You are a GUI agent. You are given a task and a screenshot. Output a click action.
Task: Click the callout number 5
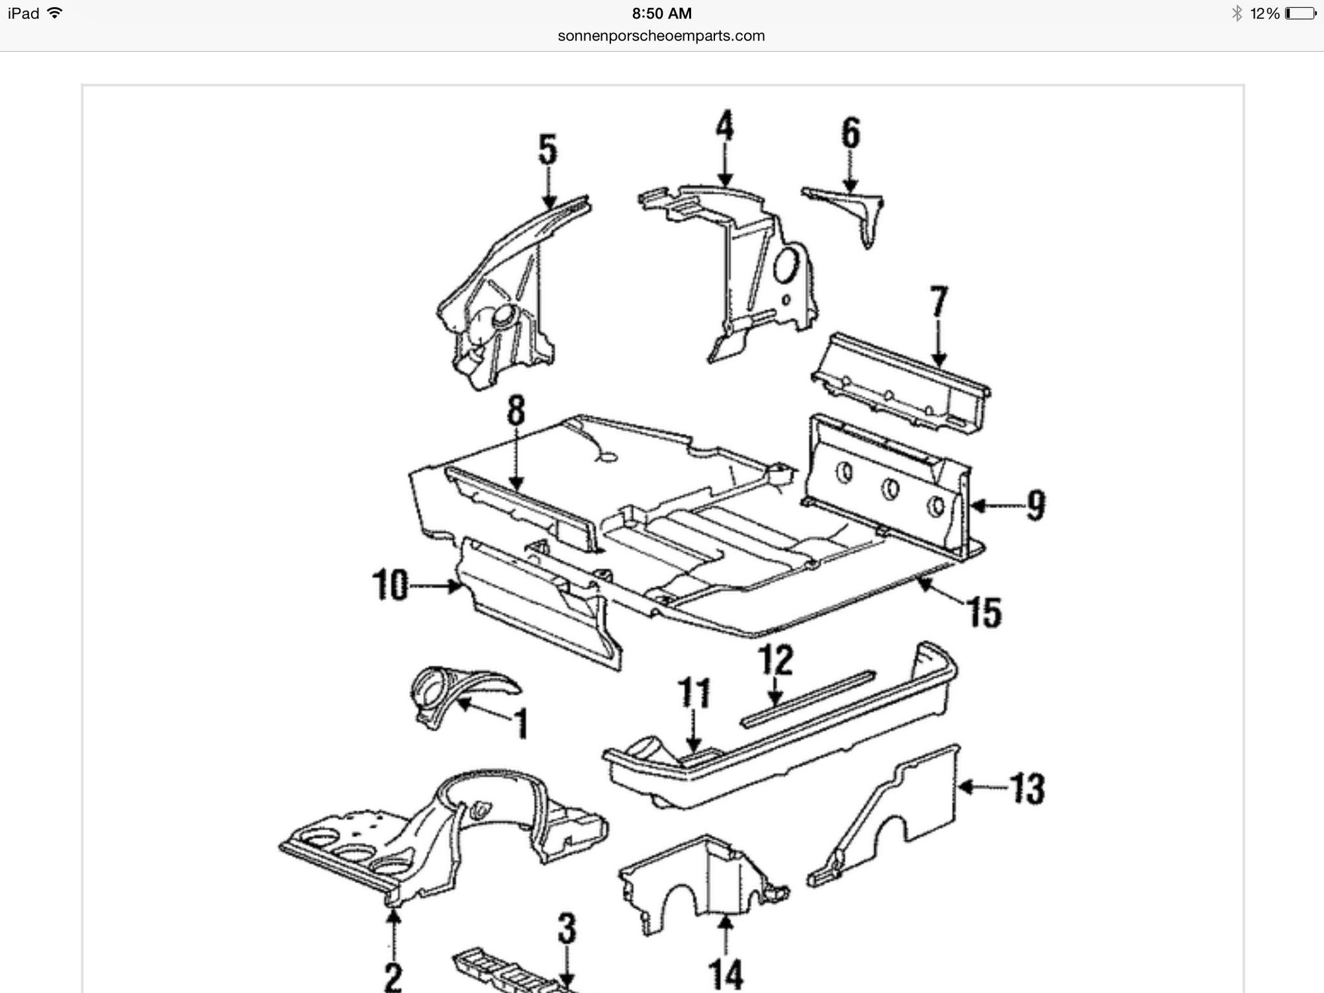(x=547, y=150)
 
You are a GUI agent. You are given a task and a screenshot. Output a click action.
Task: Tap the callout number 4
(x=725, y=126)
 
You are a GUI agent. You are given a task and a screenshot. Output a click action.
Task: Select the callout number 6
(x=851, y=133)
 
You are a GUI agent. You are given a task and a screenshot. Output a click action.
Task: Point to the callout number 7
(x=939, y=302)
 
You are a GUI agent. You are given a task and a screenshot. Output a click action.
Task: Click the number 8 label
(x=516, y=410)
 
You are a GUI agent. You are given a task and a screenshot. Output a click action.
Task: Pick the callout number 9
(x=1035, y=505)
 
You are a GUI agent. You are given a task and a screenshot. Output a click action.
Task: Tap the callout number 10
(x=391, y=585)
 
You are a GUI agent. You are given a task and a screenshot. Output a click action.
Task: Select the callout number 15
(x=985, y=612)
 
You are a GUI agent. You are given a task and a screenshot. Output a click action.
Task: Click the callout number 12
(x=775, y=660)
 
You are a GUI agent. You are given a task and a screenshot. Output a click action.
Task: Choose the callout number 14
(x=726, y=974)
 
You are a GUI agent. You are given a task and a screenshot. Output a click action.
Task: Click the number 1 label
(x=522, y=724)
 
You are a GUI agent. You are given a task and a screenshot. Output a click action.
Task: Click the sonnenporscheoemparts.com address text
(x=661, y=36)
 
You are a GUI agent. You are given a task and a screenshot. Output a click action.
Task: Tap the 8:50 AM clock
(x=661, y=13)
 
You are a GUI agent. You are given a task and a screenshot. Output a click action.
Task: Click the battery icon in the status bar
(x=1300, y=13)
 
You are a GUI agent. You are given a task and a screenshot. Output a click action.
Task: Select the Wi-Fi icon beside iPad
(x=55, y=13)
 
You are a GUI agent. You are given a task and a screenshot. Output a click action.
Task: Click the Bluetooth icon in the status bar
(x=1237, y=13)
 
